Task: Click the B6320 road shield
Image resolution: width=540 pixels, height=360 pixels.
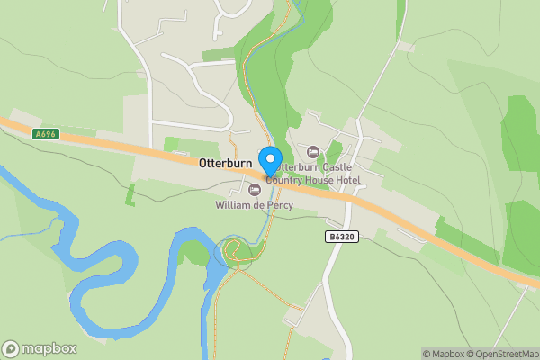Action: click(338, 236)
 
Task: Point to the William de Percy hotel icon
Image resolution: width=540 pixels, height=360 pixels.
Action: click(255, 189)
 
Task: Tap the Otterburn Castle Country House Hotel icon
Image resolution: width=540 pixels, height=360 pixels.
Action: click(313, 152)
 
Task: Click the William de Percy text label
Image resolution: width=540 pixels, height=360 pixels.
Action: click(254, 205)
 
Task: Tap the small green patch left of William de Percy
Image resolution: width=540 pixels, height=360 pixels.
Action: click(130, 193)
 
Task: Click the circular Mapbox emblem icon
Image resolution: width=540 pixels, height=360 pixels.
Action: click(11, 348)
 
